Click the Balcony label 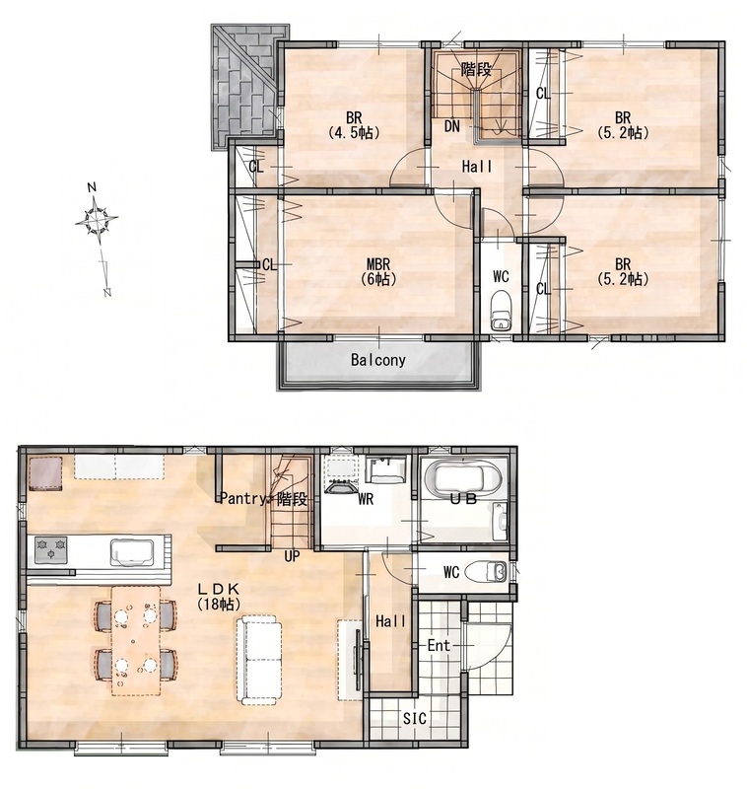point(378,360)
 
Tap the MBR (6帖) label point(378,271)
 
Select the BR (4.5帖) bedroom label point(354,125)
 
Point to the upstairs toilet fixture point(501,310)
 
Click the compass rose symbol point(96,220)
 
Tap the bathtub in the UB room point(462,478)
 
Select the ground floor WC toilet point(486,572)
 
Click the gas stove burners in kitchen point(51,548)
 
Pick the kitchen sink point(132,551)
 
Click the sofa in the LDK point(259,659)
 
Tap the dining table point(136,640)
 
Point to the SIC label point(415,718)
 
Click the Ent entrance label point(439,645)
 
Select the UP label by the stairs point(292,556)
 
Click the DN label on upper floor point(452,126)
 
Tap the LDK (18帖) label point(218,597)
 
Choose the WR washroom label point(366,499)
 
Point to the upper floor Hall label point(477,167)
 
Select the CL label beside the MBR point(269,264)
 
